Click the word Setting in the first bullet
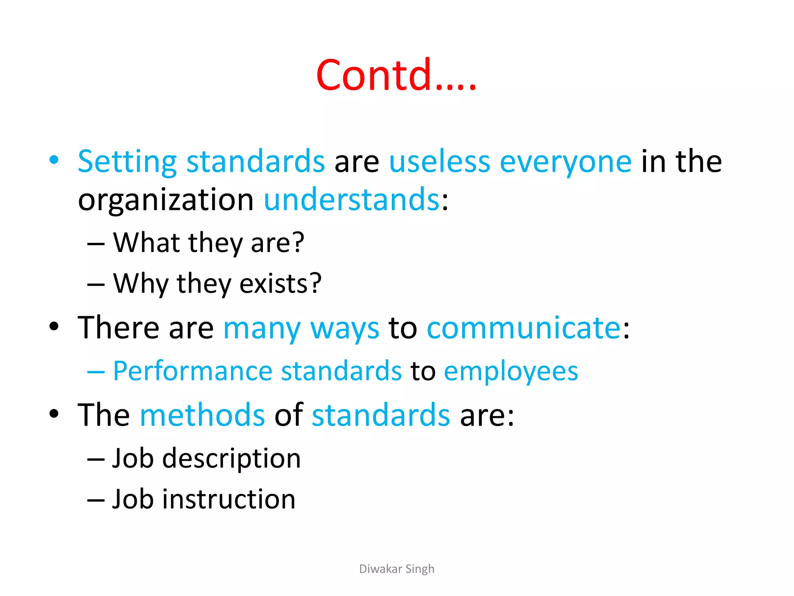[127, 161]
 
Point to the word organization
[166, 200]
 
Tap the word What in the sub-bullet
[146, 243]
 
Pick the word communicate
[524, 328]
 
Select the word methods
[202, 415]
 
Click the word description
[231, 459]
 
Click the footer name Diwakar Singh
[397, 569]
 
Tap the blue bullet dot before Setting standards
[54, 160]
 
